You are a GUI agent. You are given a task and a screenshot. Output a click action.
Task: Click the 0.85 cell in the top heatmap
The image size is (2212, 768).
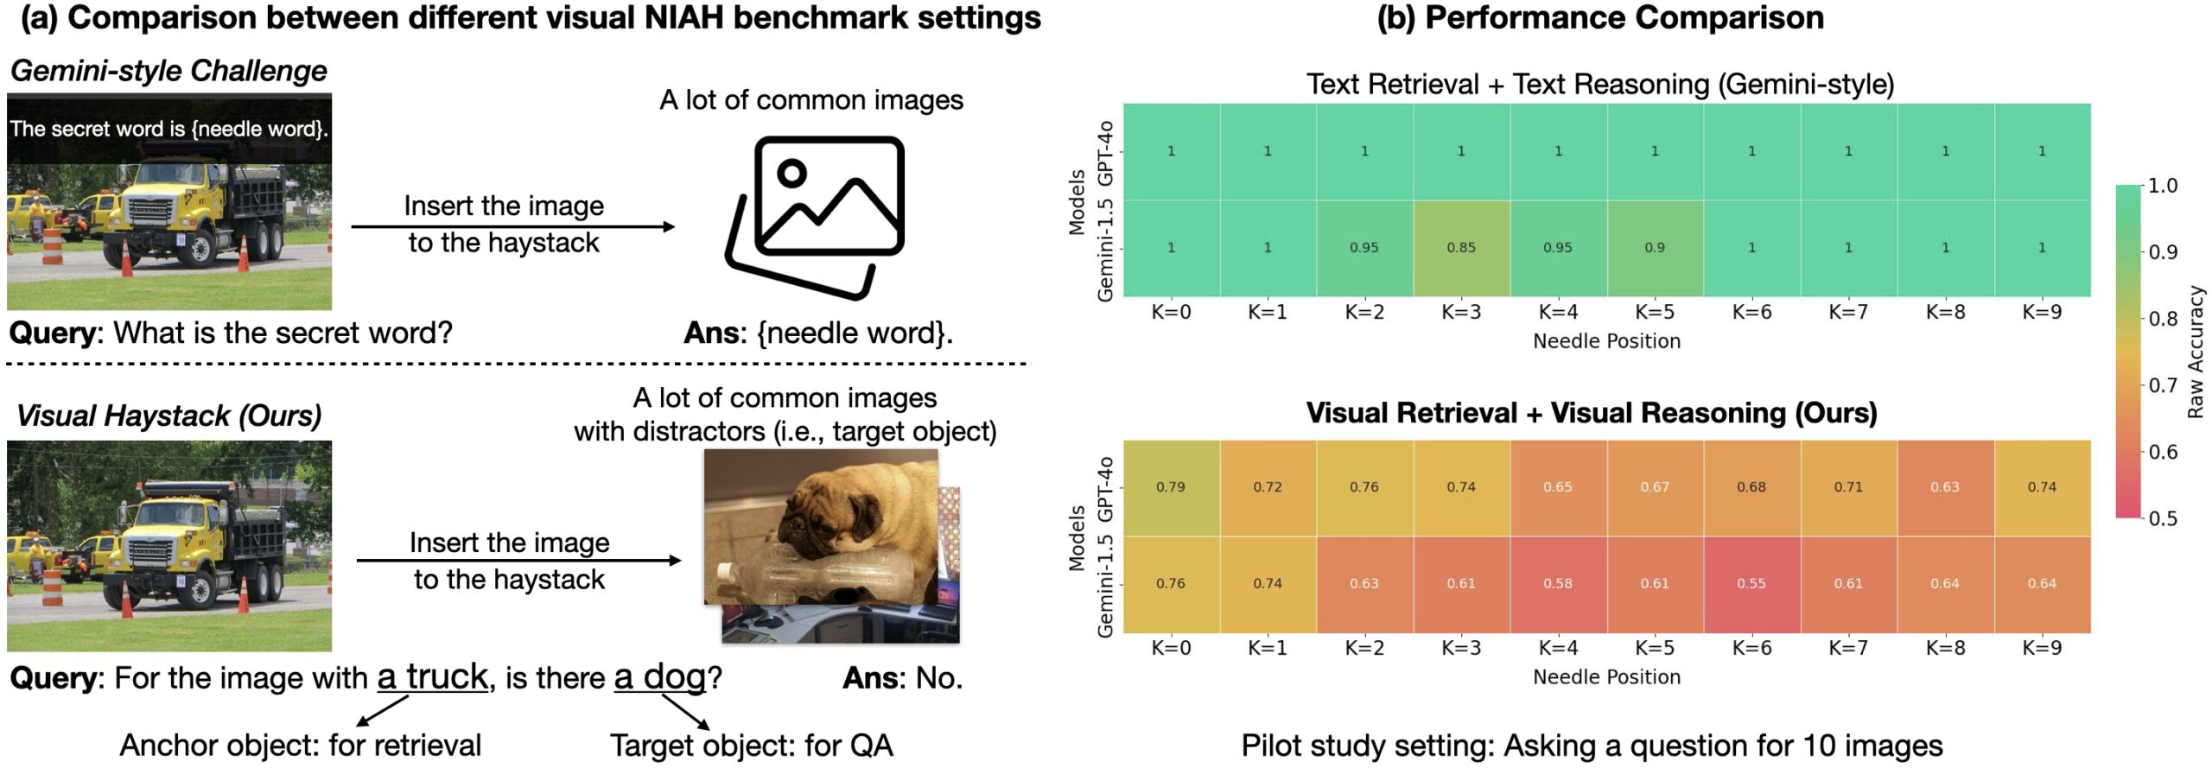(1461, 248)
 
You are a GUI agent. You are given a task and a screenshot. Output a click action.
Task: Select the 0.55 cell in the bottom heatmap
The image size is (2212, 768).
(1751, 584)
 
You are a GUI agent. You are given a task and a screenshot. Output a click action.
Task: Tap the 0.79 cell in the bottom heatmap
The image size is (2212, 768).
(1171, 487)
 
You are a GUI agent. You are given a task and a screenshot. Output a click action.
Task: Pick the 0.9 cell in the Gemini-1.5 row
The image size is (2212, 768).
(1655, 248)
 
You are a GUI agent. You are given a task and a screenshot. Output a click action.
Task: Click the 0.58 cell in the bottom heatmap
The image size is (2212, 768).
(1558, 584)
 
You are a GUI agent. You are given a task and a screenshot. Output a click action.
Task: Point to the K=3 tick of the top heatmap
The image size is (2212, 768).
(1461, 312)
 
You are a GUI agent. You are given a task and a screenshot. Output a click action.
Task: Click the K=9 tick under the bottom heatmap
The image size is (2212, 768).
(2042, 648)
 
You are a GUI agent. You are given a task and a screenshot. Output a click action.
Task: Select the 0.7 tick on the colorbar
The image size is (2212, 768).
(2163, 385)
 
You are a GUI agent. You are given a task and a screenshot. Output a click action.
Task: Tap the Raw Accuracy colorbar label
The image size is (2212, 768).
(2196, 352)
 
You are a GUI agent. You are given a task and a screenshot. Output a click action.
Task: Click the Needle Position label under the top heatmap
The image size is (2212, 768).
(1606, 341)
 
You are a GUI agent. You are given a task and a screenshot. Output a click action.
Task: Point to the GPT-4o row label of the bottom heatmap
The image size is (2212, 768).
(1104, 489)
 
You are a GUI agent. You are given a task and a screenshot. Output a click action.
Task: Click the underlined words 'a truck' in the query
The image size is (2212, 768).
(433, 677)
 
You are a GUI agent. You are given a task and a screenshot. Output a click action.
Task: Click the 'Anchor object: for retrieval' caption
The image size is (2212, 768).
(300, 746)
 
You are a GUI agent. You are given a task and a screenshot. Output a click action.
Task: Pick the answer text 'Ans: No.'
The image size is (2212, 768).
(902, 678)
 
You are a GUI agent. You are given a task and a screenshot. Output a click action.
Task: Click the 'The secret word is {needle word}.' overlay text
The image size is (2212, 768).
(168, 130)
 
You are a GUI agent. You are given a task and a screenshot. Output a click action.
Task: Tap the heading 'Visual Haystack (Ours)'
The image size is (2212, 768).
(168, 416)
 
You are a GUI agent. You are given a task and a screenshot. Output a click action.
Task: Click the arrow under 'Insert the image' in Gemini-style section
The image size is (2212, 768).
(512, 227)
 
